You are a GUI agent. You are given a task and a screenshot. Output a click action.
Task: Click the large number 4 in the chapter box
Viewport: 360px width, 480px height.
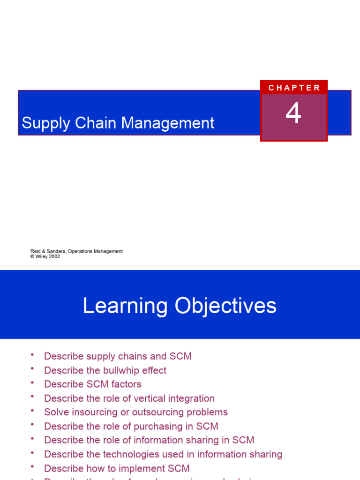293,114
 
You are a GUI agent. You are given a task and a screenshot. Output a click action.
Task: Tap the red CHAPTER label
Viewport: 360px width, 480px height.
294,88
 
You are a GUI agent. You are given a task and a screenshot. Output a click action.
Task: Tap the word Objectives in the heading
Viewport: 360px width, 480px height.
226,306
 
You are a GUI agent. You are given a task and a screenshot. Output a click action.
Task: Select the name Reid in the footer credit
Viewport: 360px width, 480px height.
36,251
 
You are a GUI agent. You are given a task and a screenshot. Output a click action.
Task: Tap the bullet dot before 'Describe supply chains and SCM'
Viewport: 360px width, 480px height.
32,355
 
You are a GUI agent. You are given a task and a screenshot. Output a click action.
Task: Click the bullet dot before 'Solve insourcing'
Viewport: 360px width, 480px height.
32,411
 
